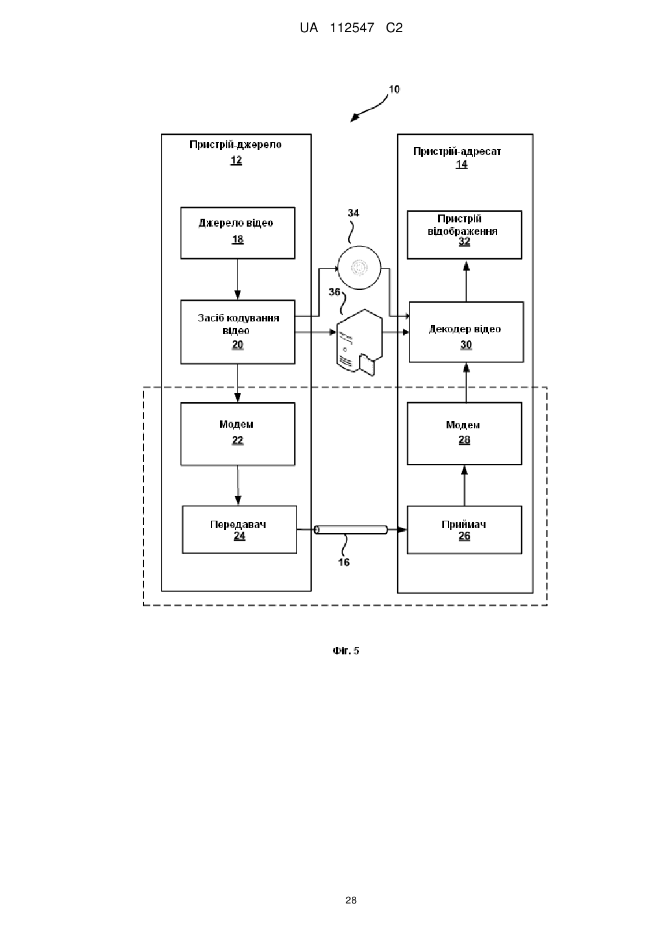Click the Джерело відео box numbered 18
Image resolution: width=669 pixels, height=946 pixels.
[x=238, y=233]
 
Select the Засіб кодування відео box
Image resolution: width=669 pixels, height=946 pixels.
[x=238, y=332]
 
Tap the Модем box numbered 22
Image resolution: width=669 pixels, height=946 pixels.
[x=238, y=434]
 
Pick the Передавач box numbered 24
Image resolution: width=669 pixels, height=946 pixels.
[x=239, y=530]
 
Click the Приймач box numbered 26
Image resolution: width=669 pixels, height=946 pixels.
[x=464, y=530]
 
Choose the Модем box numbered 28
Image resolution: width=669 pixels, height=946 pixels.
[x=464, y=434]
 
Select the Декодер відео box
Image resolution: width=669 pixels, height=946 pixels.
[x=466, y=332]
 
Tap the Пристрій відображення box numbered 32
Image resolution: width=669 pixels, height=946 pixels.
[x=464, y=235]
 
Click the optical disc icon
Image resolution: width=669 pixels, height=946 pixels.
[x=360, y=267]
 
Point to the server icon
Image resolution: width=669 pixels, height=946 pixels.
[x=360, y=343]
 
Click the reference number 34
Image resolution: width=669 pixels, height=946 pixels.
[x=354, y=213]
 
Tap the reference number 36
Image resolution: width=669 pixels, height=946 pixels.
[x=334, y=292]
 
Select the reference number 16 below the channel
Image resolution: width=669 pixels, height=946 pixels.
[x=344, y=562]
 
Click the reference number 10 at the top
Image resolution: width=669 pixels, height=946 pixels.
[x=394, y=89]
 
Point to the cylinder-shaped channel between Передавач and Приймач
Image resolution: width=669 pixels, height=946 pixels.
[x=351, y=530]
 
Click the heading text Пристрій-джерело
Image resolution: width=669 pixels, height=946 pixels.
[x=236, y=145]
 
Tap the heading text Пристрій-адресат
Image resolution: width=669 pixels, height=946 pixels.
[x=457, y=151]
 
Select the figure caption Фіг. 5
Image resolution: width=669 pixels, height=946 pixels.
[x=346, y=650]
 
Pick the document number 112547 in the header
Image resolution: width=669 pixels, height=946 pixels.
[x=352, y=28]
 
